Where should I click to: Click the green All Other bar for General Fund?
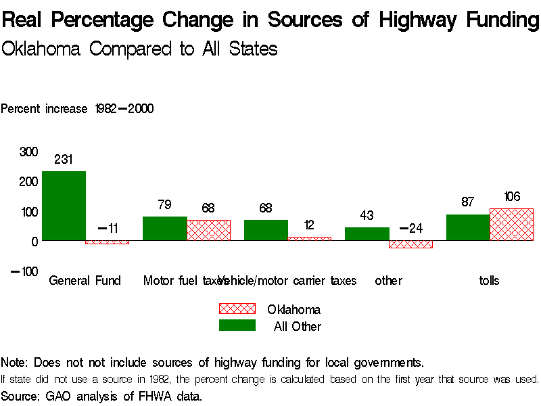click(x=64, y=206)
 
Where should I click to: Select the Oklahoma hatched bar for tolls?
click(x=511, y=224)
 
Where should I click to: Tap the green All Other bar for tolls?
click(x=467, y=227)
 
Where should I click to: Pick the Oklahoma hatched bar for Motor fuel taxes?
click(x=208, y=230)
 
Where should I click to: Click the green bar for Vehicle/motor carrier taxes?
click(x=266, y=230)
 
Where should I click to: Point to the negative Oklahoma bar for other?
click(x=410, y=244)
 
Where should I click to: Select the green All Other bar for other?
click(x=367, y=233)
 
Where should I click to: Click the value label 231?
click(x=63, y=160)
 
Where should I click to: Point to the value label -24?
click(x=410, y=228)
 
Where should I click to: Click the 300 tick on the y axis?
click(x=28, y=152)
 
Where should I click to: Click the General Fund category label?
click(x=85, y=280)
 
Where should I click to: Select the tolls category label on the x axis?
click(x=488, y=280)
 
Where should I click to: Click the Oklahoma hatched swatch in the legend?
click(x=237, y=309)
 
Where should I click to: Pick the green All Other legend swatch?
click(x=237, y=325)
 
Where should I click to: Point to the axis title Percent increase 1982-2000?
click(x=77, y=108)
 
